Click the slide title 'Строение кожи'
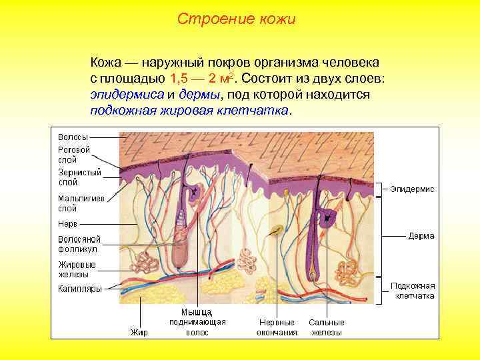pyautogui.click(x=236, y=19)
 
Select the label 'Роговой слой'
pyautogui.click(x=74, y=155)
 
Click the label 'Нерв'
pyautogui.click(x=68, y=223)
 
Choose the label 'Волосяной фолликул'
pyautogui.click(x=79, y=243)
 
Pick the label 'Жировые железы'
pyautogui.click(x=77, y=269)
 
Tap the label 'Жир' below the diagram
pyautogui.click(x=139, y=331)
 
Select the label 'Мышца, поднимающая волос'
pyautogui.click(x=197, y=321)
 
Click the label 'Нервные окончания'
pyautogui.click(x=277, y=327)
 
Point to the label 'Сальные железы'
pyautogui.click(x=326, y=327)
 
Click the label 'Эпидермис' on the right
pyautogui.click(x=412, y=189)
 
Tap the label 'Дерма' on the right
pyautogui.click(x=421, y=235)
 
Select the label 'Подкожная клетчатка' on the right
pyautogui.click(x=414, y=291)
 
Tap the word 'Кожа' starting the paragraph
pyautogui.click(x=105, y=63)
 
